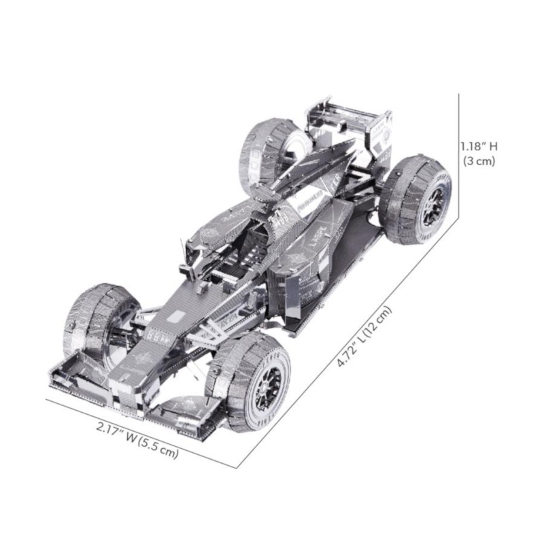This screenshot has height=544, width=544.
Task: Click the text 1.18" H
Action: pos(479,146)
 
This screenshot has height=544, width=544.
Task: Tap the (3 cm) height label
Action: pos(479,161)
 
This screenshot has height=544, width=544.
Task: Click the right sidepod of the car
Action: pos(306,272)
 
